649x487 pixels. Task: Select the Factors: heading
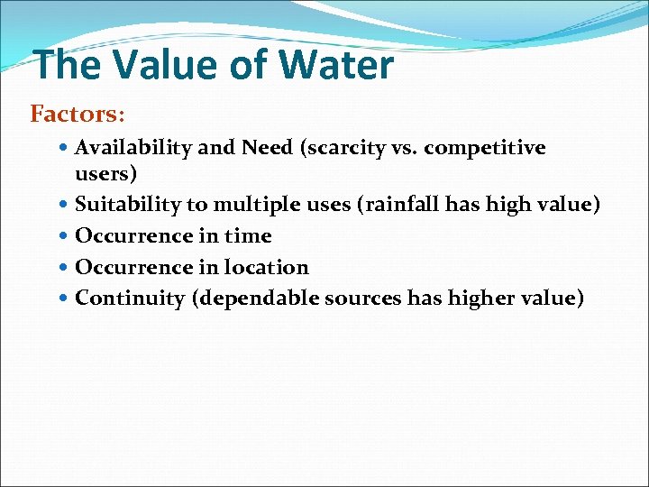coord(78,115)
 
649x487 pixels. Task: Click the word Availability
coord(133,148)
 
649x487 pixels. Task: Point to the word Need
coord(264,148)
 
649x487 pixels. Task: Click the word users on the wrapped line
coord(105,172)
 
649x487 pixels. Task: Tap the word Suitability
coord(127,205)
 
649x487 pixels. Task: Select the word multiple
coord(250,205)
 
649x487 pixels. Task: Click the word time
coord(249,236)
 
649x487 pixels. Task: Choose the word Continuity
coord(130,299)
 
